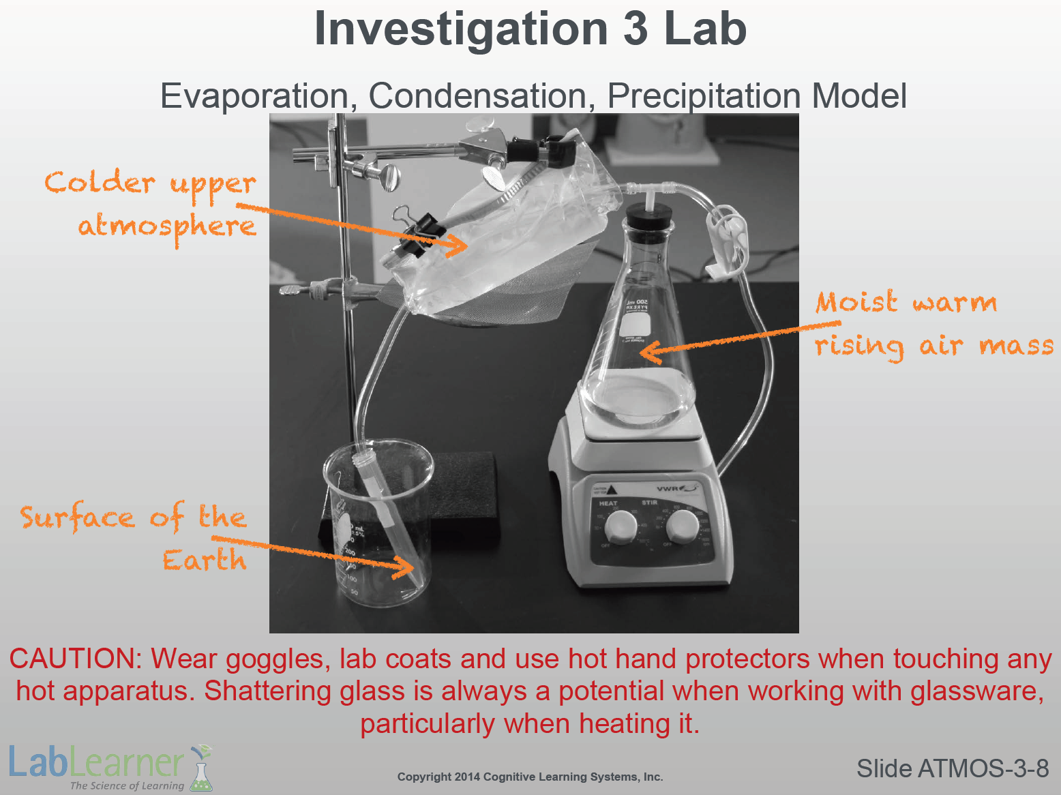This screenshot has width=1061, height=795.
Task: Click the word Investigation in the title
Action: coord(461,31)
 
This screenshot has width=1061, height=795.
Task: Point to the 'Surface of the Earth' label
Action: coord(134,537)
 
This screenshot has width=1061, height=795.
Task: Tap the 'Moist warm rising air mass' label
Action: coord(934,325)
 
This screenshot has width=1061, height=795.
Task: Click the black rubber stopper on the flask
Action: coord(648,217)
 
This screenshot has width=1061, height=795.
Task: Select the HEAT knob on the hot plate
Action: coord(621,527)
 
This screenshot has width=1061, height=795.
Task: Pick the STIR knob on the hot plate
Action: coord(682,527)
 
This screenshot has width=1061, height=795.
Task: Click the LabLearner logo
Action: coord(111,767)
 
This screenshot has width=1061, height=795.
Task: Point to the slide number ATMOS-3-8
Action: coord(953,768)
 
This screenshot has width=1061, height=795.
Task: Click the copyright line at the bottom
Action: coord(530,777)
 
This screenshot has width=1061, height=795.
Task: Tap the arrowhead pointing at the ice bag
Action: coord(458,245)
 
